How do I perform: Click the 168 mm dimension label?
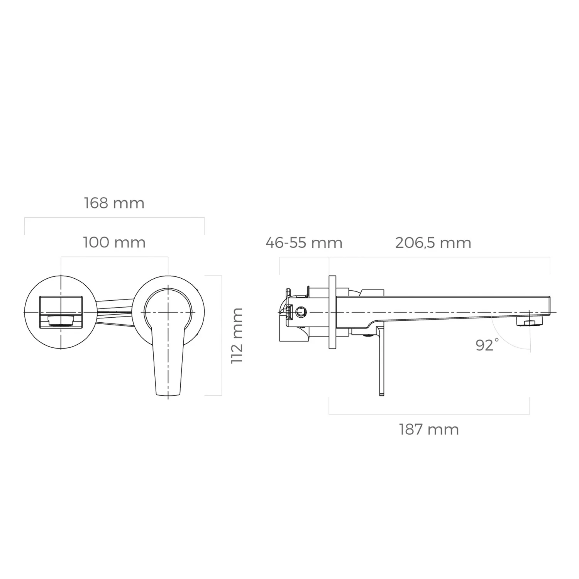pos(114,203)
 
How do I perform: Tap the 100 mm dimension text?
pos(114,243)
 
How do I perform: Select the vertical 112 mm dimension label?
pos(237,336)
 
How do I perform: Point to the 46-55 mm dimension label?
pos(304,243)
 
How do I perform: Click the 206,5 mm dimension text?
pos(433,243)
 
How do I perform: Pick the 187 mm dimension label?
pos(429,430)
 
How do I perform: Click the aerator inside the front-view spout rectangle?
pos(61,320)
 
